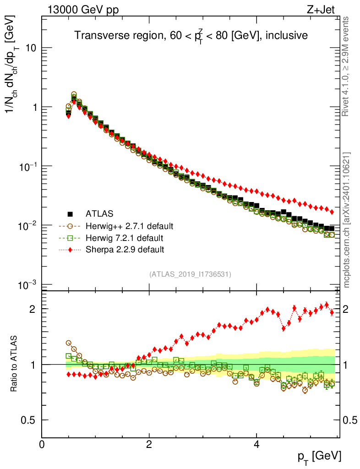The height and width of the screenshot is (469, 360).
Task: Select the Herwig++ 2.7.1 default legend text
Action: click(129, 226)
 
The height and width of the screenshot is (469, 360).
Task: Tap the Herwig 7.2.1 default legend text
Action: click(125, 238)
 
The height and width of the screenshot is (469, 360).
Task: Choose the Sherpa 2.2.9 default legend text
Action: click(125, 250)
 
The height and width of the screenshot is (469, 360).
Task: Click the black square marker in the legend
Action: click(70, 213)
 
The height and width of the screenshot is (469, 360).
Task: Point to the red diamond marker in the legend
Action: click(70, 250)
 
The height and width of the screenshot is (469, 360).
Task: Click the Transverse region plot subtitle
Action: click(191, 35)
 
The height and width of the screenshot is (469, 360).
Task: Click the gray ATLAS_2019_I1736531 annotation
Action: click(190, 274)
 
